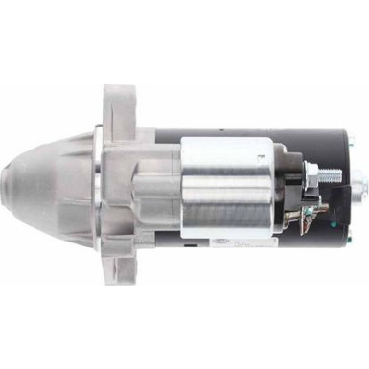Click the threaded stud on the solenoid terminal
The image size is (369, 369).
pyautogui.click(x=328, y=176)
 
